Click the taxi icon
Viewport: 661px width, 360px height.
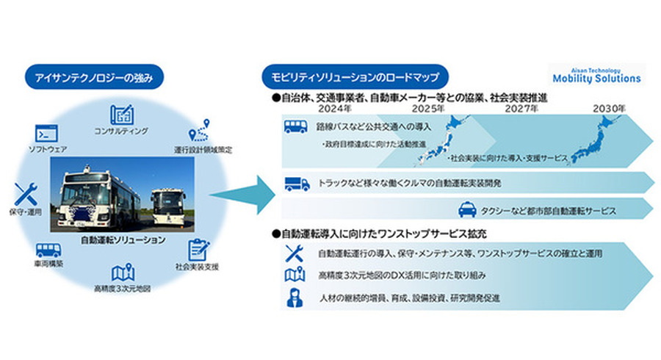[466, 209]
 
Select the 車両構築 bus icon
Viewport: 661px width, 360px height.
[48, 250]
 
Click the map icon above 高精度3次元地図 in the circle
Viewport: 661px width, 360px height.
[123, 272]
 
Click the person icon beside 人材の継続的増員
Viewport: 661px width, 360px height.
[292, 299]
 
